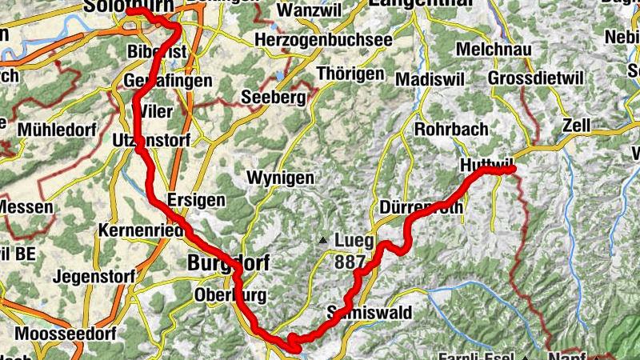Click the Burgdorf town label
click(x=228, y=262)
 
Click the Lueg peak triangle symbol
click(x=322, y=239)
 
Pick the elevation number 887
click(x=350, y=262)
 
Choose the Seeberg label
click(x=274, y=98)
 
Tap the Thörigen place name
click(x=350, y=74)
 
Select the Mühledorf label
click(x=55, y=129)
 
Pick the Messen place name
click(x=26, y=207)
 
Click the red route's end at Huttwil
click(x=510, y=168)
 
